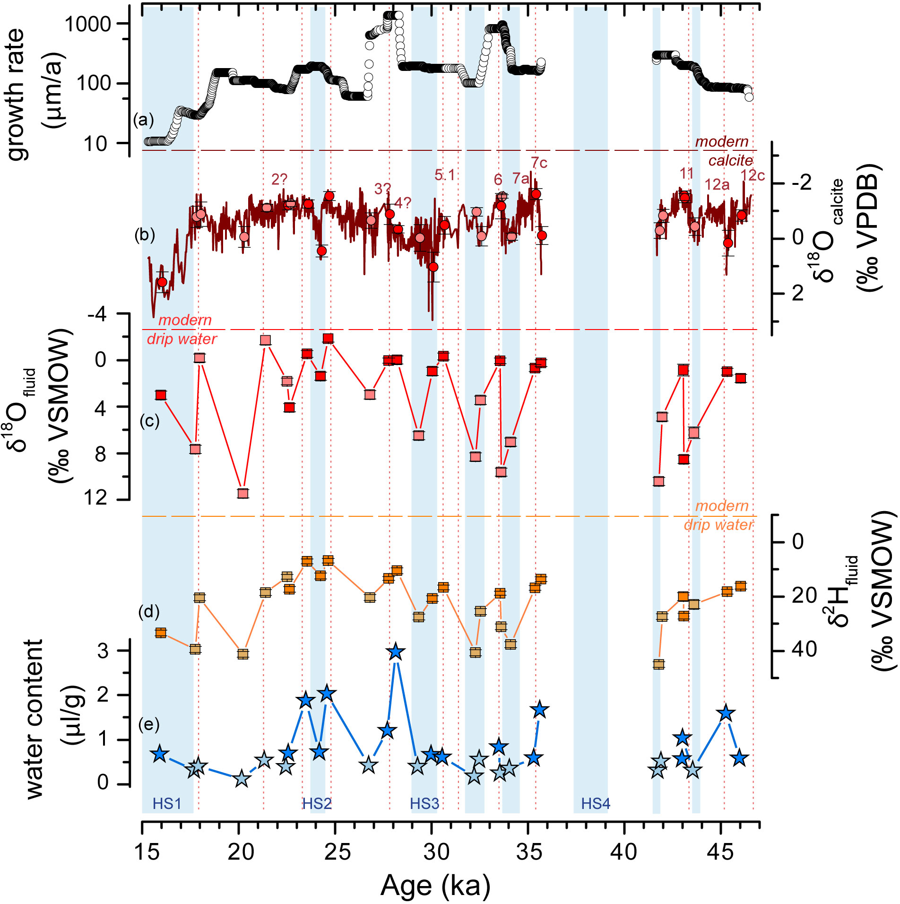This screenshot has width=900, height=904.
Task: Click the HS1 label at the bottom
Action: point(166,803)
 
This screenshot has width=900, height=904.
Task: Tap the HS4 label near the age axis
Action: point(595,803)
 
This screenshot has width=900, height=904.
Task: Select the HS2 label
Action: point(317,803)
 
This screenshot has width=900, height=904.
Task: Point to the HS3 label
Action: point(424,803)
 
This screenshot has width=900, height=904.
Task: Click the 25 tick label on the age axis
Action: point(338,852)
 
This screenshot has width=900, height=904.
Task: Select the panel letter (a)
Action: point(144,120)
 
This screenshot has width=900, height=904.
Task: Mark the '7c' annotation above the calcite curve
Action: point(539,163)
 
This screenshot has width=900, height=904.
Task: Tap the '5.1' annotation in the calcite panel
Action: point(444,175)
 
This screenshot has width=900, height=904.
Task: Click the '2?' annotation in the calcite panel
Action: point(279,179)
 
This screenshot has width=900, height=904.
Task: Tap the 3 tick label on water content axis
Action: point(103,651)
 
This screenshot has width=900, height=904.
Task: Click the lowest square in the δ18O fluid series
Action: point(243,493)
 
